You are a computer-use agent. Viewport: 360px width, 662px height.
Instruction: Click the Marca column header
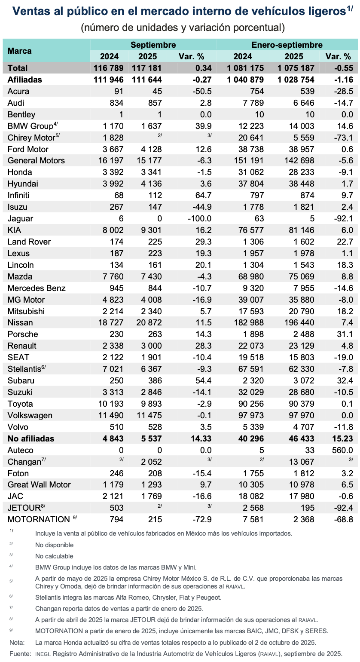(20, 51)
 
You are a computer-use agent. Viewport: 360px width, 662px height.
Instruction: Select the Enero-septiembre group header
(287, 45)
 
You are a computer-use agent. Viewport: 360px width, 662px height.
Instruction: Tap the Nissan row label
(20, 323)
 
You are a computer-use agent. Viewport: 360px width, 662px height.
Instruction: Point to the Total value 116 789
(108, 68)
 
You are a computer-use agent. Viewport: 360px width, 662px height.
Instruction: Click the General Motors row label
(36, 160)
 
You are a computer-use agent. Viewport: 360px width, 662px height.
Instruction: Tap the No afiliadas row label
(31, 438)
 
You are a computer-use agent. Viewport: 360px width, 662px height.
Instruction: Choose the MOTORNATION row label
(38, 519)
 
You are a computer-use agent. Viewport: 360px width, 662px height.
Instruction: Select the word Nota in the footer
(17, 643)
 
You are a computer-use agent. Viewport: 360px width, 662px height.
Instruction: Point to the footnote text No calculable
(54, 556)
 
